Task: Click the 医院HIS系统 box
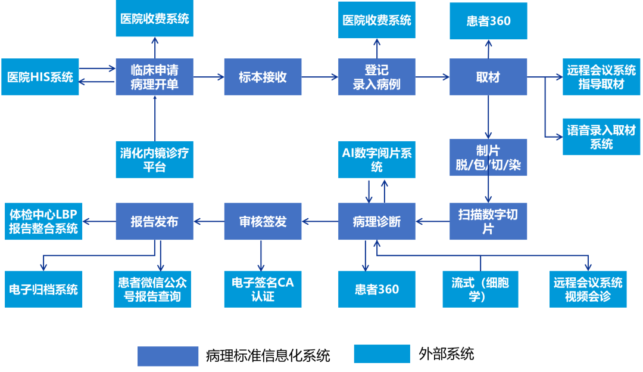click(40, 77)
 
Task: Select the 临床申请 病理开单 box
click(154, 77)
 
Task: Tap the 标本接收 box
click(263, 77)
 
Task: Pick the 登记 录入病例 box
click(377, 77)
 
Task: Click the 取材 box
click(488, 77)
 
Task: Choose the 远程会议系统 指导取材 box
click(601, 77)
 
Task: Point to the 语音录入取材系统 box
click(601, 137)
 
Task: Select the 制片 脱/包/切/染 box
click(488, 157)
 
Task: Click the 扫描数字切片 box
click(488, 221)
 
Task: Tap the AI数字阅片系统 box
click(377, 159)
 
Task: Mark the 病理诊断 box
click(377, 221)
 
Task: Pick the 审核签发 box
click(263, 221)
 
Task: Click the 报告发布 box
click(154, 221)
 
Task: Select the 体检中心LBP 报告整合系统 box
click(43, 221)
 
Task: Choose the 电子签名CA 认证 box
click(263, 289)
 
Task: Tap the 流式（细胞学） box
click(480, 289)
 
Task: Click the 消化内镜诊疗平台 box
click(154, 159)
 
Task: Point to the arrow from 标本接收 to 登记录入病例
click(320, 77)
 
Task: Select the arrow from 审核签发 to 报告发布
click(208, 222)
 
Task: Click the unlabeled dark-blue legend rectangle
click(168, 356)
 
